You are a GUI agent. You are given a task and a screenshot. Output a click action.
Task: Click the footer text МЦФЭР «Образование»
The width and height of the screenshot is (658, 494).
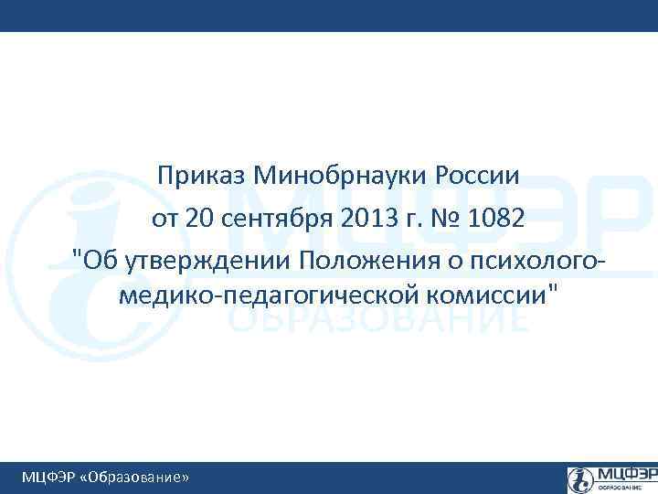click(106, 478)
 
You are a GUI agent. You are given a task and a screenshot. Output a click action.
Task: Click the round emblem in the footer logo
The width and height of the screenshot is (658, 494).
click(580, 478)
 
